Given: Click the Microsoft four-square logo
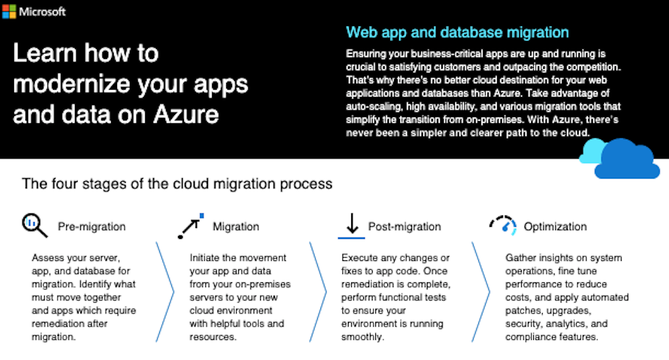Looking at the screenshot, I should point(9,11).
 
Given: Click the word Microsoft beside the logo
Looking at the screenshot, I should point(42,12).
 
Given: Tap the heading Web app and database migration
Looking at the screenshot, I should point(457,32).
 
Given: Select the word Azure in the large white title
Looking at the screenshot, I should point(186,114).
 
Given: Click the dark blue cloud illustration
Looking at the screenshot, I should point(627,160).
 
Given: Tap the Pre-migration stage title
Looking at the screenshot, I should point(92,227).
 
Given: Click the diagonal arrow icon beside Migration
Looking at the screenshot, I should point(190,226).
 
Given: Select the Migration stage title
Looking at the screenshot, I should point(235,227).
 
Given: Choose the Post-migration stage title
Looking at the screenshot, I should point(404,227).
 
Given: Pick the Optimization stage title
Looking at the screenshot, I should point(555,227).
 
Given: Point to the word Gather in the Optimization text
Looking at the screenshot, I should point(520,258).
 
